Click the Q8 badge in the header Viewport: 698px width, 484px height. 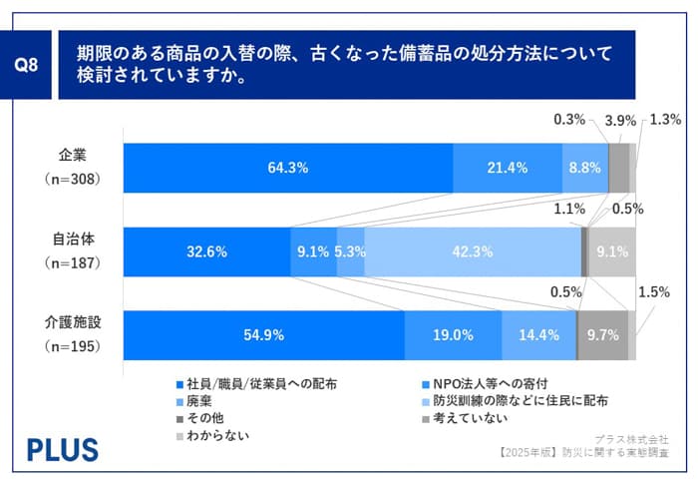coord(32,69)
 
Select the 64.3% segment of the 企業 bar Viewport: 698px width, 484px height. coord(287,168)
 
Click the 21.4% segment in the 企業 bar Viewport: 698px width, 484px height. coord(507,168)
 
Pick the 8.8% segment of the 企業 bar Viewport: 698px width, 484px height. coord(584,168)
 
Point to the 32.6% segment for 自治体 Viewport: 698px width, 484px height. coord(206,251)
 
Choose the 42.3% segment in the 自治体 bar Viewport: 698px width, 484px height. coord(472,251)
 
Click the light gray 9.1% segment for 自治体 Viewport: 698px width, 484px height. coord(611,251)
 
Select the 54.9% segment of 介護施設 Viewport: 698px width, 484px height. coord(263,335)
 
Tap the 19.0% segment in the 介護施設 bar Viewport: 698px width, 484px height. coord(453,335)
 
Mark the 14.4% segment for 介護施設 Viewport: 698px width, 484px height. coord(538,335)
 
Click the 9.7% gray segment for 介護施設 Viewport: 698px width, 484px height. coord(603,335)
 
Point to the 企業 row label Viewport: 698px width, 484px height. coord(72,155)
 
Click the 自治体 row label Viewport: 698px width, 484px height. coord(72,240)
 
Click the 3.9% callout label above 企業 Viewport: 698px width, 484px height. coord(620,120)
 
